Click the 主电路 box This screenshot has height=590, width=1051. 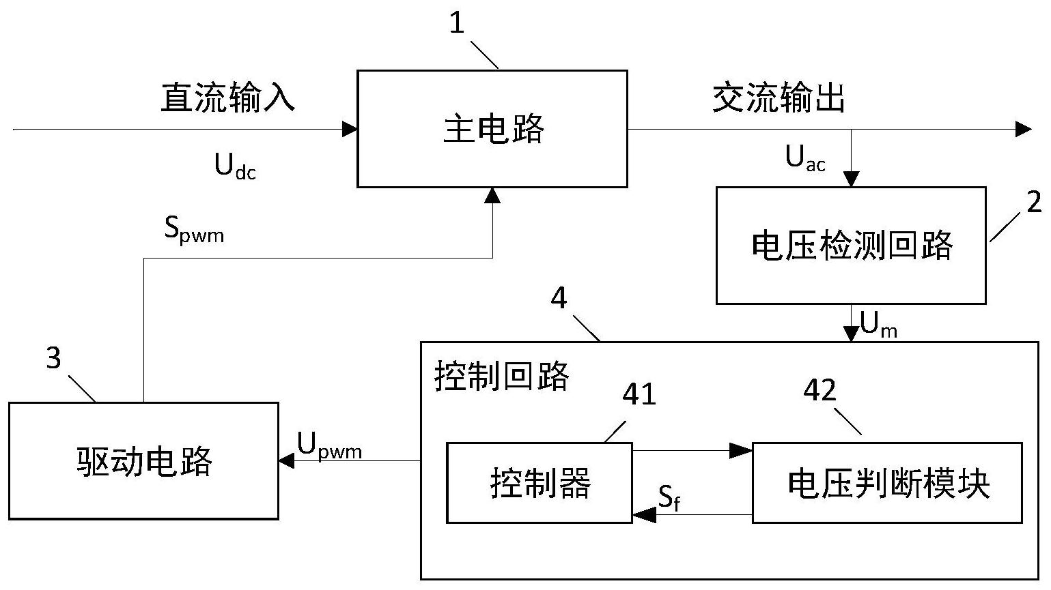(492, 128)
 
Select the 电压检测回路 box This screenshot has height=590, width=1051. (850, 245)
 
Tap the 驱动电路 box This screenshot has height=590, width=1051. (143, 461)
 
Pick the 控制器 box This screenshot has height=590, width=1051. (539, 483)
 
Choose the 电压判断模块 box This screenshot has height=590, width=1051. (887, 483)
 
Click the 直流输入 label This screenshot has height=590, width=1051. (228, 98)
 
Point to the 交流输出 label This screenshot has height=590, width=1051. (779, 98)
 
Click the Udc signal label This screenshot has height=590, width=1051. (235, 166)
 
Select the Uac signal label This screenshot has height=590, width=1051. (805, 159)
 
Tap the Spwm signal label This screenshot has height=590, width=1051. (194, 230)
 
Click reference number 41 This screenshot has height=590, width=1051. (639, 394)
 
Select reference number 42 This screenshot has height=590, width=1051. (819, 391)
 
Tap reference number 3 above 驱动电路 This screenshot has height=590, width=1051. (53, 358)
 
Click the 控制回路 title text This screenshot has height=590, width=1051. (502, 376)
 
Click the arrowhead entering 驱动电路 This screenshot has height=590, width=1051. (286, 461)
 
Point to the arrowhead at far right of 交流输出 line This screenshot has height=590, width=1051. (1023, 129)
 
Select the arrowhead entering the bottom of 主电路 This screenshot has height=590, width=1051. (492, 195)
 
